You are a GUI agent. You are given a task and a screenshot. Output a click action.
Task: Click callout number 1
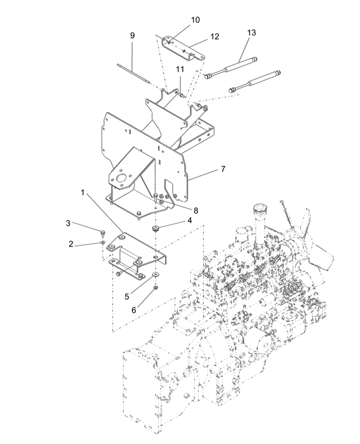click(x=83, y=191)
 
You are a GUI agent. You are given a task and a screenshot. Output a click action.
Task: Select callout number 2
click(x=72, y=244)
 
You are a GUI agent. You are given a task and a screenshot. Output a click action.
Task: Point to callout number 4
click(x=190, y=221)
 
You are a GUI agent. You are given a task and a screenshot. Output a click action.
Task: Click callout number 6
click(x=134, y=311)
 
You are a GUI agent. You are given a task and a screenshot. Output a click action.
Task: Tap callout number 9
click(x=132, y=36)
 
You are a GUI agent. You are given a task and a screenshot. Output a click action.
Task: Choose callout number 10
click(x=196, y=20)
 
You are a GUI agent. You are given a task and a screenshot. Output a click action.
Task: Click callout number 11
click(x=180, y=69)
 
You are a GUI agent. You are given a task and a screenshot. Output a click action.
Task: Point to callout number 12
click(x=215, y=37)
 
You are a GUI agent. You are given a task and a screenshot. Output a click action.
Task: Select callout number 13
click(x=252, y=32)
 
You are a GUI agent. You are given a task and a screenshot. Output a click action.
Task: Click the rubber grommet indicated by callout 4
click(x=156, y=226)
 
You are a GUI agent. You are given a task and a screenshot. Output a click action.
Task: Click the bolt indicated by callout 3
click(x=102, y=231)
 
